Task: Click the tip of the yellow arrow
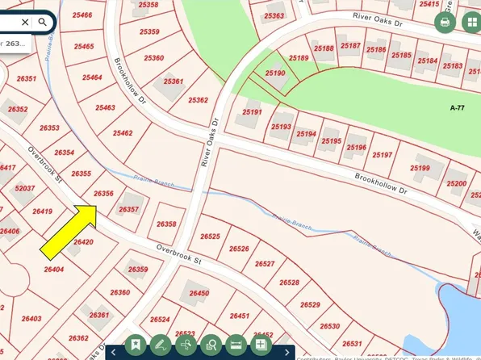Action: point(97,206)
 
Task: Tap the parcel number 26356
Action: point(103,194)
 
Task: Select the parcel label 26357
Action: point(128,210)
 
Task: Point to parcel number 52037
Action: point(25,189)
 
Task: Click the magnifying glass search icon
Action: point(43,23)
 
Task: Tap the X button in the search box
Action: point(25,23)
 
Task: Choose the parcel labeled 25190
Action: point(275,73)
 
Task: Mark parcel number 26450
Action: point(199,294)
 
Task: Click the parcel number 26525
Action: point(210,237)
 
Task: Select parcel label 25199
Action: point(420,168)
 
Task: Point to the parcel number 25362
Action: point(199,100)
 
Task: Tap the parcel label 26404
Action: point(54,270)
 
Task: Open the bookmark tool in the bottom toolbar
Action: point(134,345)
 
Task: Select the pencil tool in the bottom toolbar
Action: point(160,345)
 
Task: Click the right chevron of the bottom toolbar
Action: point(287,352)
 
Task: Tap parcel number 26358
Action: point(166,224)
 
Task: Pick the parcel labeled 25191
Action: point(253,112)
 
